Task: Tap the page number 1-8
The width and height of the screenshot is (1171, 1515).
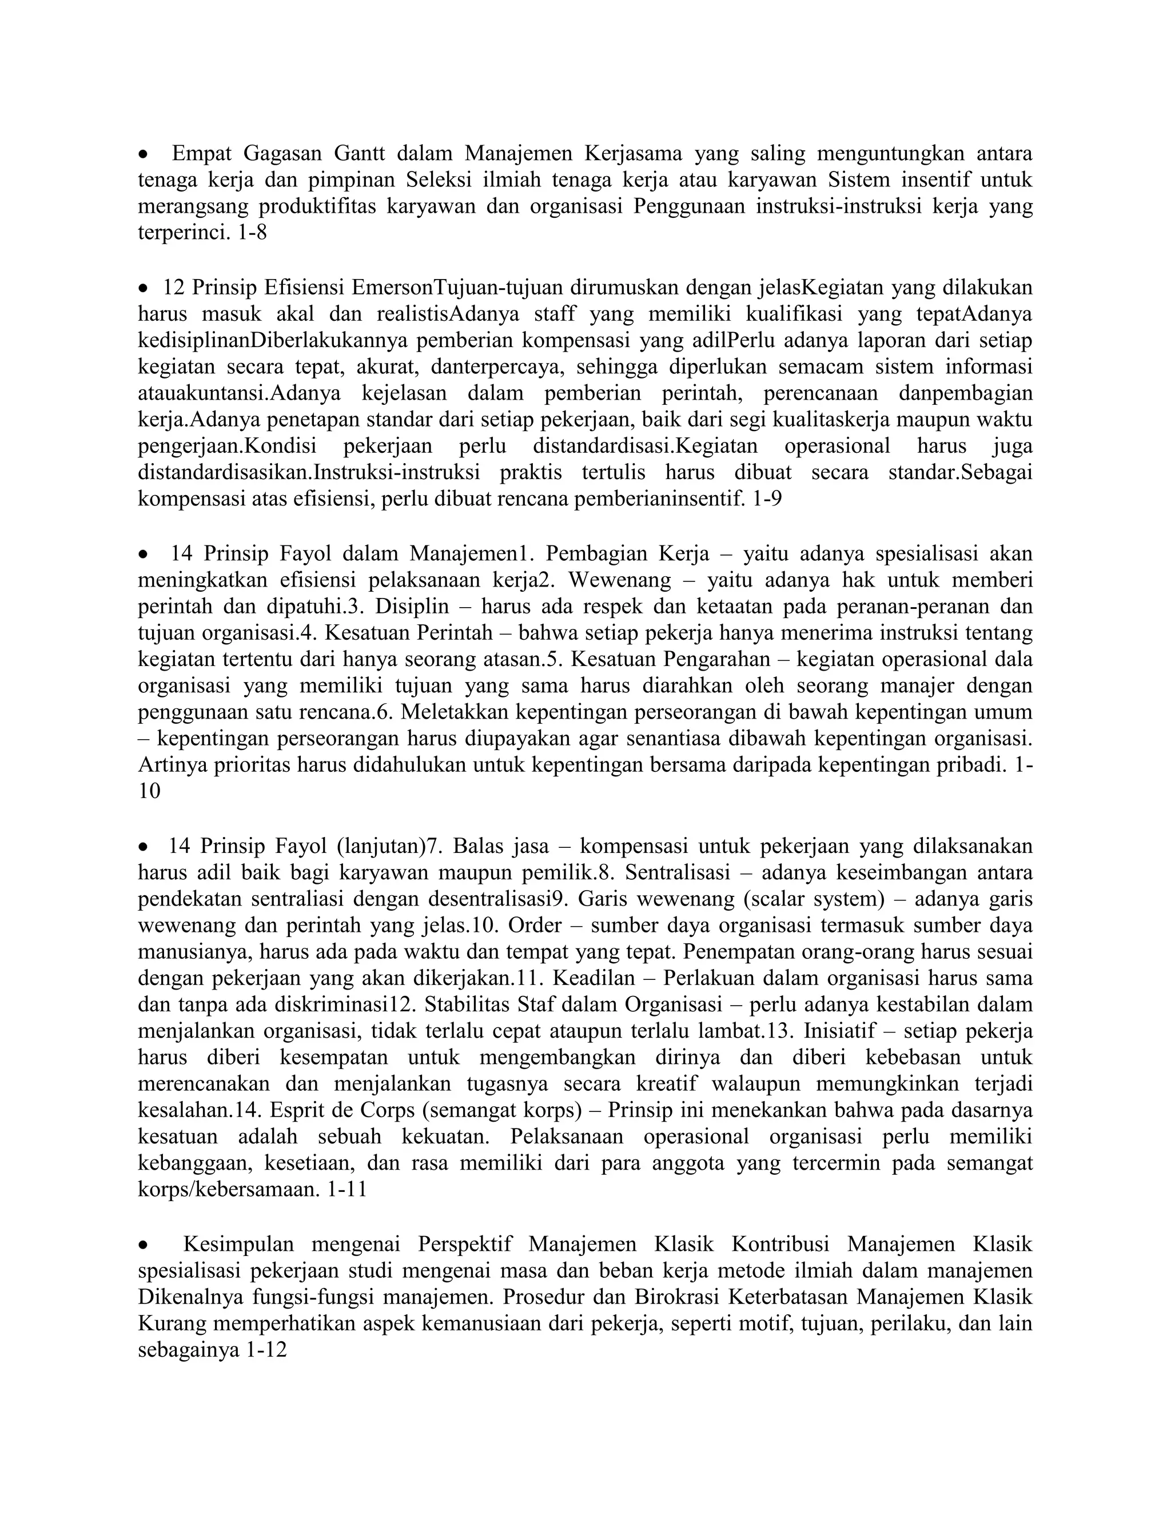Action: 251,232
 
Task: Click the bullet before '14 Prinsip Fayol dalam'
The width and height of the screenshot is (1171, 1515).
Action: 143,554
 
